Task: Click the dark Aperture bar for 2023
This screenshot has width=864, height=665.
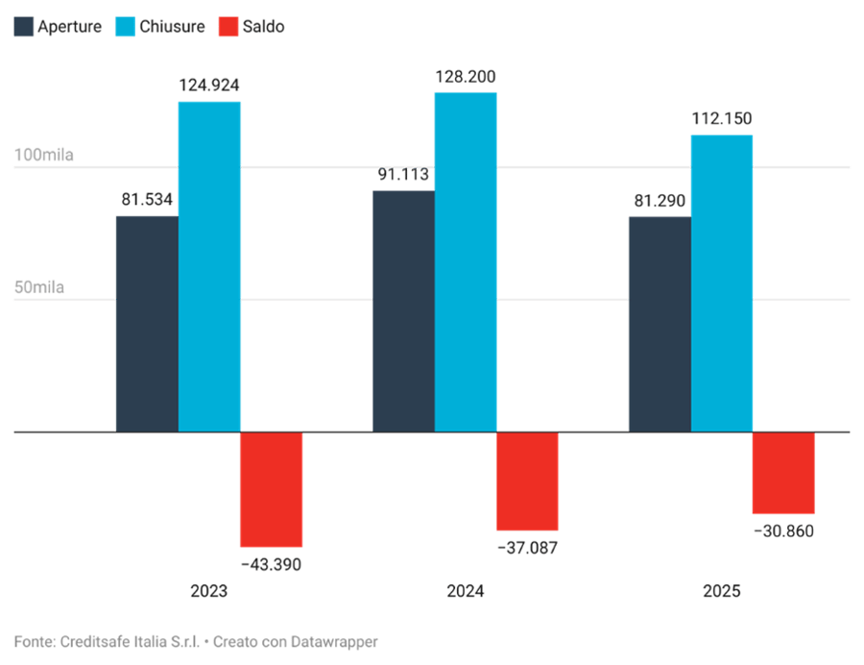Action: point(146,323)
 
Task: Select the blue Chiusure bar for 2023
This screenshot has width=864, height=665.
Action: point(209,266)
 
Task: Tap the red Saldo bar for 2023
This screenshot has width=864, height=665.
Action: point(272,489)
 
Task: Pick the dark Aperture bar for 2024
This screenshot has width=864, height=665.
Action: point(403,310)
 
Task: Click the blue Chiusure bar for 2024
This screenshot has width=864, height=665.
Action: point(466,261)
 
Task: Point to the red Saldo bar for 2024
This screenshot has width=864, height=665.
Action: point(526,481)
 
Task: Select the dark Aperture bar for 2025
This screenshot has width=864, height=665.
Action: point(659,323)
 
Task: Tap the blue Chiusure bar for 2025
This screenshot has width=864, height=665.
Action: point(722,283)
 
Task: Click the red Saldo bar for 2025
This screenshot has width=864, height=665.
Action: point(783,473)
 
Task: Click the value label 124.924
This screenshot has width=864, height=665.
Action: point(209,86)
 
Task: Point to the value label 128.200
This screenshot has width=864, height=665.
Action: point(466,76)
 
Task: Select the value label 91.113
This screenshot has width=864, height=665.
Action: point(403,175)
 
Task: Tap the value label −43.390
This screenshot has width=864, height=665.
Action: point(272,564)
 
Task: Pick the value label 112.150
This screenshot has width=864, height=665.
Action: point(722,119)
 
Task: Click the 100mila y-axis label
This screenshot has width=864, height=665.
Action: point(43,155)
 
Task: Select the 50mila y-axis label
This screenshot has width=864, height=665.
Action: point(39,287)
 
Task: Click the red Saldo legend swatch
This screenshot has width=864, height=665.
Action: point(227,27)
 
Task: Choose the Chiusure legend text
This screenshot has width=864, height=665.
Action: point(172,27)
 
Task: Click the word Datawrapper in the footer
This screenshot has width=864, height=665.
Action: point(333,641)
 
